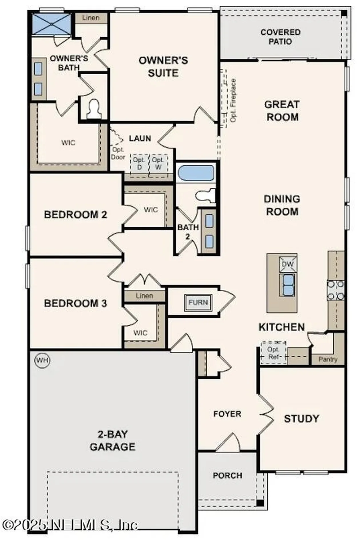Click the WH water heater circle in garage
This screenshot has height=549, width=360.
42,360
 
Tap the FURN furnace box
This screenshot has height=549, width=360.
198,303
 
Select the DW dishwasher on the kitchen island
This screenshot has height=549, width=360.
288,264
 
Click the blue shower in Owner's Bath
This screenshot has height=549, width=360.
51,24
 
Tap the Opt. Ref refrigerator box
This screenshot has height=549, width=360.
273,353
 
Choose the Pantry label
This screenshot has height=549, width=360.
328,359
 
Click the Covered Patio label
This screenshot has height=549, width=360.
280,37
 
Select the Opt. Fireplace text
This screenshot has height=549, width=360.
233,100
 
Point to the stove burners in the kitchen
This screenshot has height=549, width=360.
336,290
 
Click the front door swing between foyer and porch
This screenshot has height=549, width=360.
229,443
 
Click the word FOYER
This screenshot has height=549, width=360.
227,414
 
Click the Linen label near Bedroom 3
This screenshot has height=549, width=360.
144,296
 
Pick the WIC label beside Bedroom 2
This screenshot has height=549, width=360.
151,210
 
